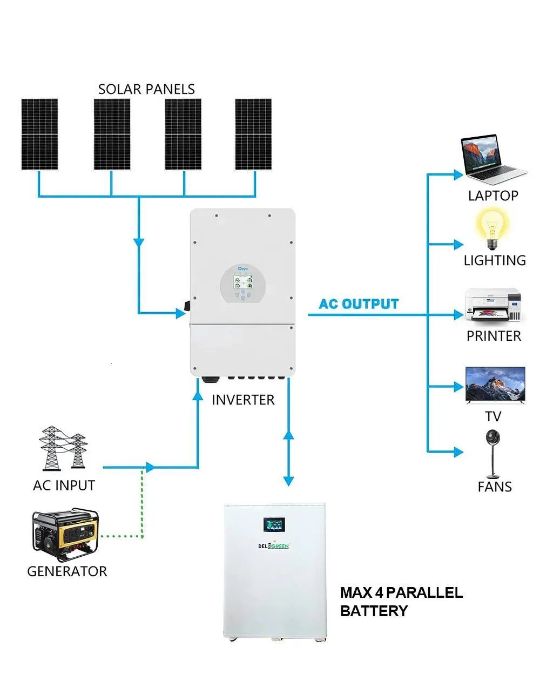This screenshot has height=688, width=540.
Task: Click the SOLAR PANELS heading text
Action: tap(146, 89)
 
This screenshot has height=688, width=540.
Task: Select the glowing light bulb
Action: tap(492, 228)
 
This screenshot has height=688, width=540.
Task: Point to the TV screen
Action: tap(495, 385)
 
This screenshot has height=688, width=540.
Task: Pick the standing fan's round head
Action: tap(493, 438)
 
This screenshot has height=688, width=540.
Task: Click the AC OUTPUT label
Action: tap(359, 304)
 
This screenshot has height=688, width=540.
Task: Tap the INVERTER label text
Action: tap(243, 400)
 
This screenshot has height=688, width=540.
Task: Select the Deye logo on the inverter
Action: tap(243, 269)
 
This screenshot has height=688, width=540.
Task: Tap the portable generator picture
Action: tap(65, 535)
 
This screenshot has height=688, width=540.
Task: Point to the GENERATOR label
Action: tap(67, 571)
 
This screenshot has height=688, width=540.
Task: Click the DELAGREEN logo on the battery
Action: tap(274, 546)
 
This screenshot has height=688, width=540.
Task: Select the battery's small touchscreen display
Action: tap(274, 524)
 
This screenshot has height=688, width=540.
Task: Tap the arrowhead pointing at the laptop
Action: tap(458, 174)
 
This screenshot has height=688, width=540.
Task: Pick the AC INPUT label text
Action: tap(64, 485)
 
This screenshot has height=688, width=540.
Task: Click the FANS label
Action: tap(495, 487)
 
